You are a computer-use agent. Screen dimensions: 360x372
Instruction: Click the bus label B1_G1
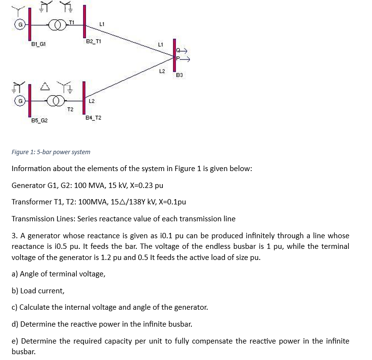pyautogui.click(x=38, y=44)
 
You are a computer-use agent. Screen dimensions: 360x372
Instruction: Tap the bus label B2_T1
pyautogui.click(x=93, y=41)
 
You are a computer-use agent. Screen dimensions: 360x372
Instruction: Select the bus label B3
pyautogui.click(x=179, y=75)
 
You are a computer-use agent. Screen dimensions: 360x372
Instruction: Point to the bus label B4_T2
pyautogui.click(x=93, y=117)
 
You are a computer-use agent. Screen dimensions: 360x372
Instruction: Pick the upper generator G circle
pyautogui.click(x=20, y=24)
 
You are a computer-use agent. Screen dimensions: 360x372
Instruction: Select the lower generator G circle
pyautogui.click(x=20, y=101)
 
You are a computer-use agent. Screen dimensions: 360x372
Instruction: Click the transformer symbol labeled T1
pyautogui.click(x=58, y=24)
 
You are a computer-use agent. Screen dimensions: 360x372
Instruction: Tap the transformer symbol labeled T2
pyautogui.click(x=58, y=101)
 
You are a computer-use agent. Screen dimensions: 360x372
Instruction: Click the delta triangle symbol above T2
pyautogui.click(x=44, y=86)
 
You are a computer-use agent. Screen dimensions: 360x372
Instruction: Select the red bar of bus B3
pyautogui.click(x=174, y=56)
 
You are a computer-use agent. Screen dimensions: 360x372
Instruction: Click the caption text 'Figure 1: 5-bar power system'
pyautogui.click(x=51, y=152)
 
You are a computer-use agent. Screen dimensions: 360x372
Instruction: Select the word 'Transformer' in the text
pyautogui.click(x=31, y=202)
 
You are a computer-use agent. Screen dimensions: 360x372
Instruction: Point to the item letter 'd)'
pyautogui.click(x=15, y=324)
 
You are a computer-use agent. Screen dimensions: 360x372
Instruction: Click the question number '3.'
pyautogui.click(x=14, y=236)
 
